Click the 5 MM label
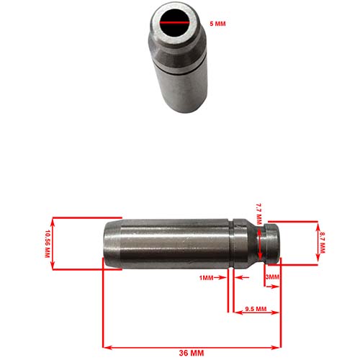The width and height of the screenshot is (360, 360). click(x=218, y=24)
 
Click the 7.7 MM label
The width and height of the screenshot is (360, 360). click(x=260, y=215)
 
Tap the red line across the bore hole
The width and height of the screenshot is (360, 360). click(x=174, y=24)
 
